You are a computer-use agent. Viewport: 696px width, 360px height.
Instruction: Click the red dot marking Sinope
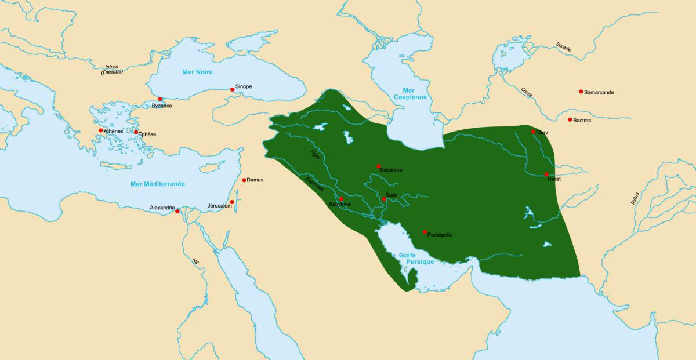pyautogui.click(x=232, y=90)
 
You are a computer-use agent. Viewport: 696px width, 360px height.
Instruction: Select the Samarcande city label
pyautogui.click(x=599, y=92)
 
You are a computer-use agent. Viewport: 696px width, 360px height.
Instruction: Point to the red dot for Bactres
pyautogui.click(x=570, y=119)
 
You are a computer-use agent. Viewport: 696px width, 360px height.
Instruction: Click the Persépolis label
pyautogui.click(x=440, y=235)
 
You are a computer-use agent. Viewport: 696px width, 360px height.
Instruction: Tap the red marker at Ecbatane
pyautogui.click(x=379, y=166)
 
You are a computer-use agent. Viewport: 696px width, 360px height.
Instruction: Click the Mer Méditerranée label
pyautogui.click(x=157, y=184)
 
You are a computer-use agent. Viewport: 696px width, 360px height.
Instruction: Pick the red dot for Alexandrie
pyautogui.click(x=177, y=211)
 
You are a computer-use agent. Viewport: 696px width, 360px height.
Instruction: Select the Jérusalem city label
pyautogui.click(x=219, y=206)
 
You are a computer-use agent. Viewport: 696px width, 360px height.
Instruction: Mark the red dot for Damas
pyautogui.click(x=244, y=180)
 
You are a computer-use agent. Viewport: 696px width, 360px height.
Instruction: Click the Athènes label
pyautogui.click(x=113, y=131)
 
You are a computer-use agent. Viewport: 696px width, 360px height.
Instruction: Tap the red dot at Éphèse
pyautogui.click(x=136, y=132)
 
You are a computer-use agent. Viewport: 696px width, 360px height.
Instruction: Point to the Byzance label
pyautogui.click(x=162, y=106)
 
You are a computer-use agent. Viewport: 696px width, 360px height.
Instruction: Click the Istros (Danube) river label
pyautogui.click(x=112, y=70)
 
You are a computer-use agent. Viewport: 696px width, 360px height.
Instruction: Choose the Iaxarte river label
pyautogui.click(x=563, y=47)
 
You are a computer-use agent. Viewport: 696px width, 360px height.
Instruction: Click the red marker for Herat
pyautogui.click(x=546, y=174)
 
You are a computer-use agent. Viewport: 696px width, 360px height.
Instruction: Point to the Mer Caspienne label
pyautogui.click(x=411, y=94)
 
